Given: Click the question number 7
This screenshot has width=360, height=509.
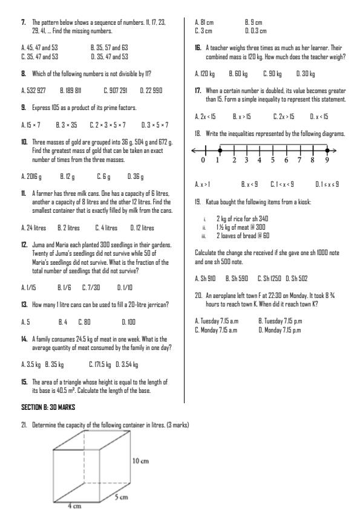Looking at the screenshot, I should click(x=24, y=22).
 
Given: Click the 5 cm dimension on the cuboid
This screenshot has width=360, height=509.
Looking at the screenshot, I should click(x=121, y=497).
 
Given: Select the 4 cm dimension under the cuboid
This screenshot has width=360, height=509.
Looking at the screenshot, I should click(x=74, y=506).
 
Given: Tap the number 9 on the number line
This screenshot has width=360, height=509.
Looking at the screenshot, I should click(x=327, y=161).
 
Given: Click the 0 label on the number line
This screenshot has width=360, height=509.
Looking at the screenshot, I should click(x=206, y=161).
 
